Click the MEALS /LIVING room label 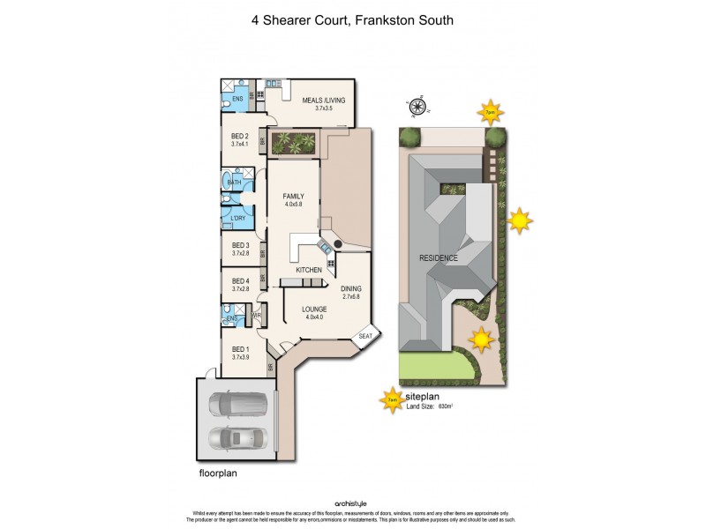(324, 101)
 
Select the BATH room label (234, 183)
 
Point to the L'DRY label (238, 217)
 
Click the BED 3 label (241, 245)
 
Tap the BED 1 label (241, 349)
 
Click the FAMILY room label (293, 197)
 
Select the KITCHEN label (308, 269)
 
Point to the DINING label (351, 288)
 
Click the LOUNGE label (314, 309)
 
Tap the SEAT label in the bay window (365, 336)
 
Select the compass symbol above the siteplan (418, 107)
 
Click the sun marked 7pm (490, 113)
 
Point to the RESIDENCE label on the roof (439, 257)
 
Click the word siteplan (425, 397)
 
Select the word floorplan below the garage (218, 473)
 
